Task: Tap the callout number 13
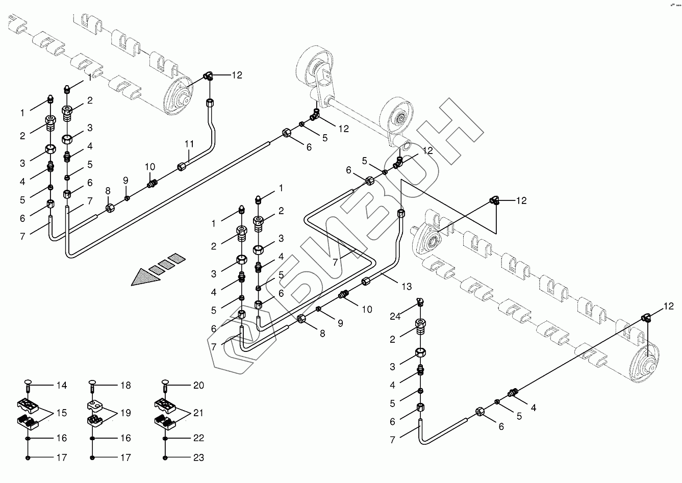click(x=406, y=287)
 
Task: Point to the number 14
click(x=61, y=386)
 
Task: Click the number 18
click(x=125, y=386)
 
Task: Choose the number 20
click(x=198, y=386)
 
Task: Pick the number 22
click(x=198, y=438)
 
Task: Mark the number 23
click(x=198, y=458)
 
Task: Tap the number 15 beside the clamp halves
click(x=61, y=413)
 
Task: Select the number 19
click(x=125, y=413)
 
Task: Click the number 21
click(x=198, y=413)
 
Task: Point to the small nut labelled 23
click(x=165, y=457)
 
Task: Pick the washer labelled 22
click(x=165, y=438)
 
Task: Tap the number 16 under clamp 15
click(x=61, y=438)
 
